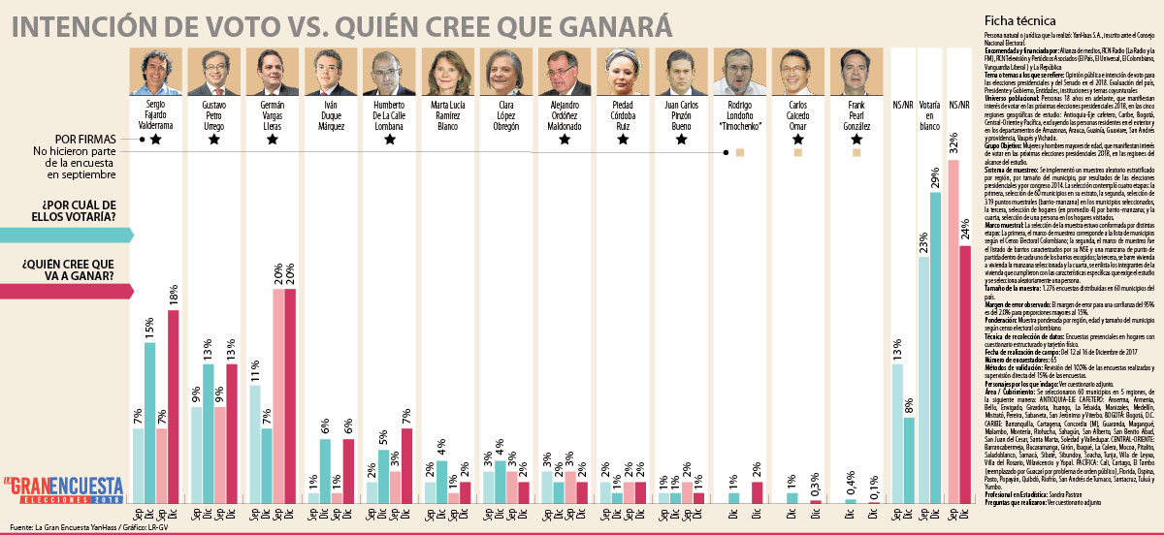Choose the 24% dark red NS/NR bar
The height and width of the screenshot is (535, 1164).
point(965,374)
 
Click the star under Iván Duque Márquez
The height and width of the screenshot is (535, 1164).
point(331,140)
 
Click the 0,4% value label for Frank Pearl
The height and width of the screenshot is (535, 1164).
point(850,482)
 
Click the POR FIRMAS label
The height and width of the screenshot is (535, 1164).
point(92,139)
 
